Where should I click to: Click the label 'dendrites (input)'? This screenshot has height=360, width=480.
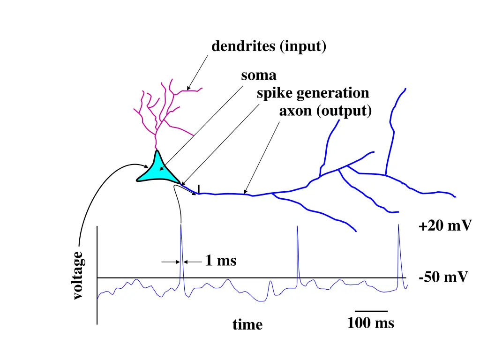point(269,47)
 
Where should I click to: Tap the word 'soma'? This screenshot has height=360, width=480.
point(259,75)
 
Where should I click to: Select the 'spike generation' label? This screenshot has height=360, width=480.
point(313,93)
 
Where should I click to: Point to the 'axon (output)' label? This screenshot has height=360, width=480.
point(325,112)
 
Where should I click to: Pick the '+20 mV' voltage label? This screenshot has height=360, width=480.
point(444,226)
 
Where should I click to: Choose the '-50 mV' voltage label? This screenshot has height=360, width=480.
point(443,277)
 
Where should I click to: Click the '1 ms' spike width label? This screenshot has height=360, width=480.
point(220,261)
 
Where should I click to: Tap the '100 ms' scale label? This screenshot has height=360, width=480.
point(370,323)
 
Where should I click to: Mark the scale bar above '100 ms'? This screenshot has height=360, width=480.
point(371,311)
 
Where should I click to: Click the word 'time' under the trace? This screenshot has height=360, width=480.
point(247,324)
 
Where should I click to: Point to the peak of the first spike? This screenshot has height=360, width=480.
point(181,225)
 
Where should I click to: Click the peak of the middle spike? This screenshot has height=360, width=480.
point(297,226)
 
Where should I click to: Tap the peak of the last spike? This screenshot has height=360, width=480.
point(398,225)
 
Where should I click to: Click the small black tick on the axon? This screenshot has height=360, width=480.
point(199,188)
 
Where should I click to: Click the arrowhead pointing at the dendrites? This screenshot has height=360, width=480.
point(188,88)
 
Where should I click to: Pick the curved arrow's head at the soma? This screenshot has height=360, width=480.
point(147,166)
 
